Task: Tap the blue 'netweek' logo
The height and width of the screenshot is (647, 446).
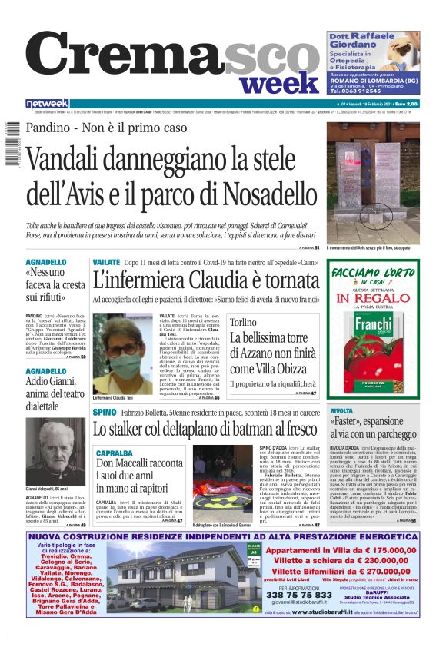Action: coord(47,104)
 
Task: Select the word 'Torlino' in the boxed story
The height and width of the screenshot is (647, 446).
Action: coord(244,323)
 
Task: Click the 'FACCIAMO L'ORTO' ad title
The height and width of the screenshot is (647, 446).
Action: coord(374,272)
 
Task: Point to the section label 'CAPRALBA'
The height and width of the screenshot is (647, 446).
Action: coord(112,454)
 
